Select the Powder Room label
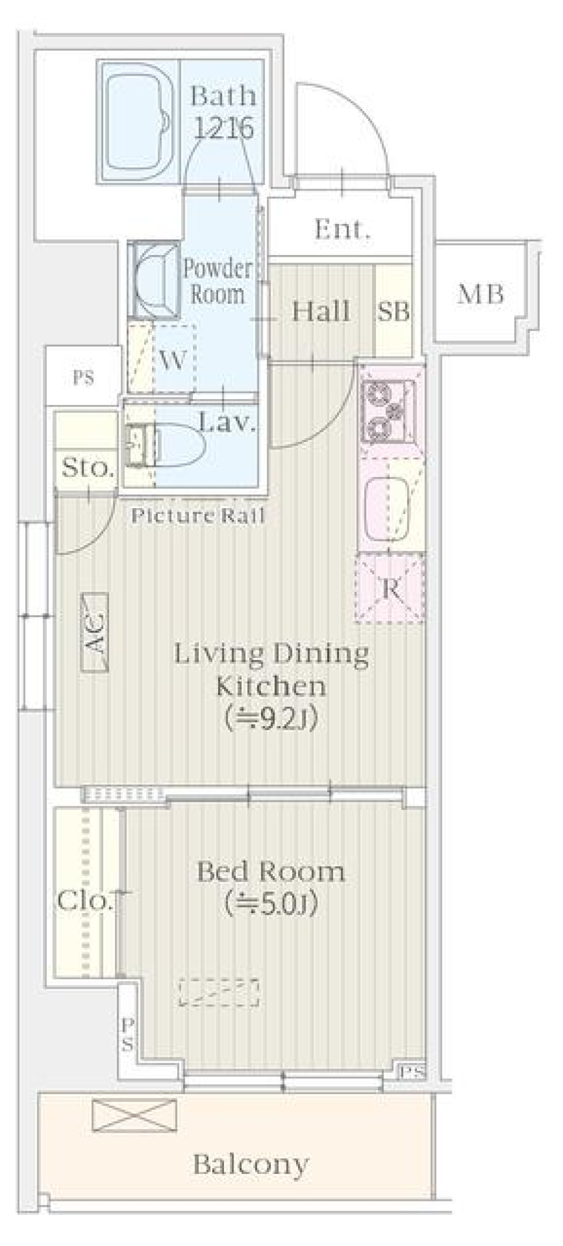217,281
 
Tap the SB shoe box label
394,312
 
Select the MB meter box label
481,294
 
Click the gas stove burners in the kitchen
389,410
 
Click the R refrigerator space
390,588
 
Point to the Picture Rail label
198,516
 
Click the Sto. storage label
88,468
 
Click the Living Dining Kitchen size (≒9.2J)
271,719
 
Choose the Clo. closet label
84,901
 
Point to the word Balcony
250,1166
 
